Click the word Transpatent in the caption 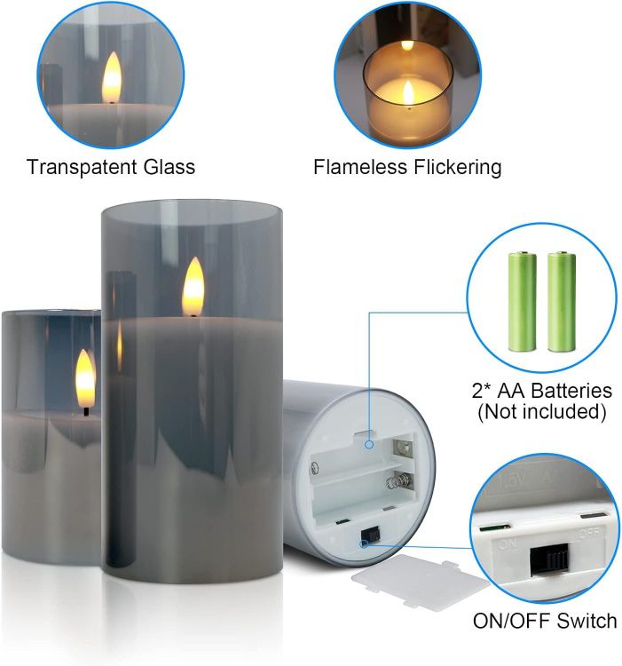[83, 166]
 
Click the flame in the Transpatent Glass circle [111, 77]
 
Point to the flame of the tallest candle [193, 286]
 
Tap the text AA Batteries [553, 391]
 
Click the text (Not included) [541, 412]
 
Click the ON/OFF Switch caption [545, 620]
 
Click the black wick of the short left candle [85, 410]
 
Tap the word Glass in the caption [170, 166]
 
